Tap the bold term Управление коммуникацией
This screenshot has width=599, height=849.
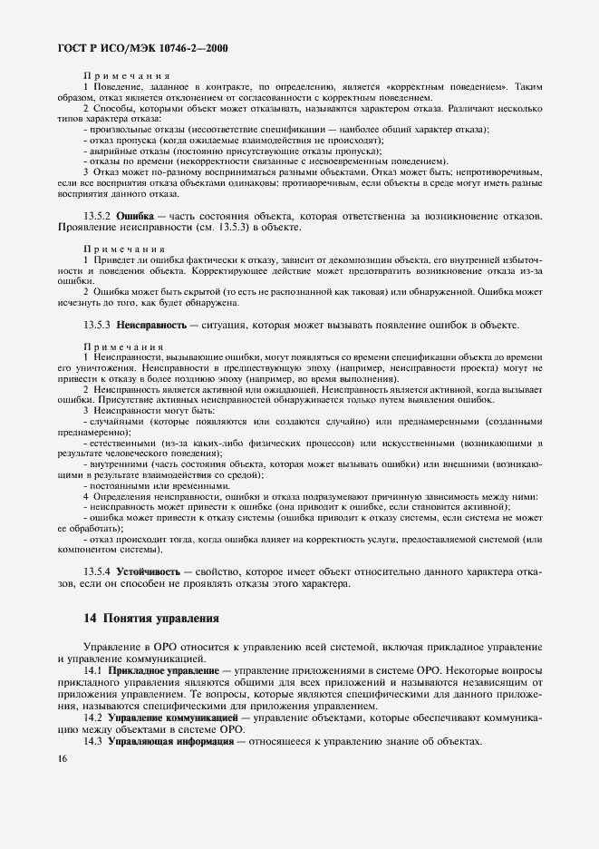pos(167,717)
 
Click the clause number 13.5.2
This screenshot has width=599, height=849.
pos(97,216)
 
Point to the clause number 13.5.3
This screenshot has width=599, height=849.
pos(97,324)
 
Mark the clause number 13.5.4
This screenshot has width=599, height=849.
pos(97,572)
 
